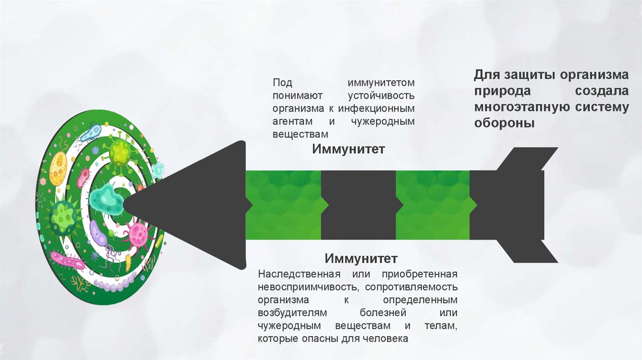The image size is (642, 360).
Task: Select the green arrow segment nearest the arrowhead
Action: click(x=283, y=204)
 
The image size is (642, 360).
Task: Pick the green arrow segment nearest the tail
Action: click(x=433, y=204)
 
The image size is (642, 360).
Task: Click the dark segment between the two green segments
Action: click(x=358, y=204)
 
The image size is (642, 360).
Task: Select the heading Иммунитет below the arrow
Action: click(x=361, y=258)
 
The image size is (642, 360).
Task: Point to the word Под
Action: click(x=282, y=83)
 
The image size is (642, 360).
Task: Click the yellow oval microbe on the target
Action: click(x=58, y=167)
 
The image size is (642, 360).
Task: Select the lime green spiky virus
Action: click(x=119, y=152)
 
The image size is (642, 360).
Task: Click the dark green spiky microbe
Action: click(x=63, y=216)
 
